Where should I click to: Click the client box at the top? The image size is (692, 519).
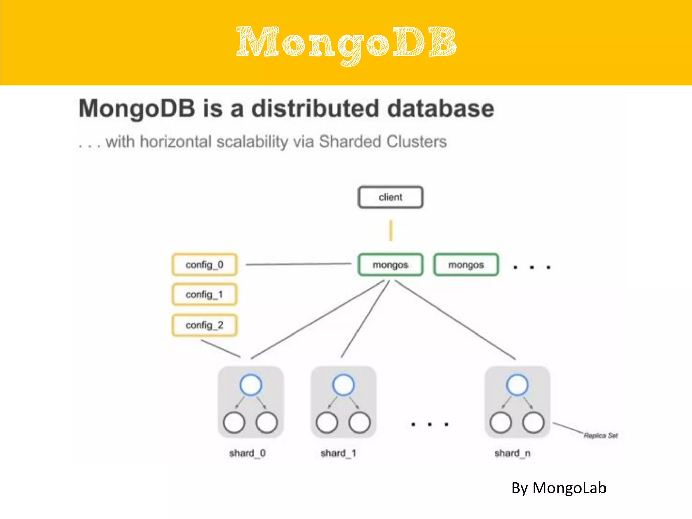pyautogui.click(x=390, y=197)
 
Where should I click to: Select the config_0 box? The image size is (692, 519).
pyautogui.click(x=204, y=265)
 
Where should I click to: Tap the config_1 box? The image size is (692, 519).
pyautogui.click(x=204, y=295)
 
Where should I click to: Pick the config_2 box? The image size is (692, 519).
pyautogui.click(x=204, y=325)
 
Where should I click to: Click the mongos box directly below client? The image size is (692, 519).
pyautogui.click(x=390, y=265)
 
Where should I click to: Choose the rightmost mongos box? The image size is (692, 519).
pyautogui.click(x=466, y=265)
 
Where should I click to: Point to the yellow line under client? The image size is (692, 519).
pyautogui.click(x=391, y=230)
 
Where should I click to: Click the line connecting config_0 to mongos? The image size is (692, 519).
pyautogui.click(x=298, y=264)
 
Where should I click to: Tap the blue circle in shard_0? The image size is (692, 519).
pyautogui.click(x=250, y=385)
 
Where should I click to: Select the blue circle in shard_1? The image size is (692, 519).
pyautogui.click(x=343, y=385)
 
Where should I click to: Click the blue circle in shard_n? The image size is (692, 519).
pyautogui.click(x=517, y=385)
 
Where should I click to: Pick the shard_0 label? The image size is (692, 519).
pyautogui.click(x=247, y=453)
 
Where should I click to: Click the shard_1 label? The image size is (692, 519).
pyautogui.click(x=339, y=453)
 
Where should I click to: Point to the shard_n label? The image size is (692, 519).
pyautogui.click(x=513, y=453)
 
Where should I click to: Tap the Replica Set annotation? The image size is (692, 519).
pyautogui.click(x=601, y=436)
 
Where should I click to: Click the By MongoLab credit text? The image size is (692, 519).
pyautogui.click(x=559, y=488)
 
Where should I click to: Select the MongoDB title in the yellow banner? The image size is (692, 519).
pyautogui.click(x=346, y=43)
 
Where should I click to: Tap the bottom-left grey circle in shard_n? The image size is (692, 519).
pyautogui.click(x=501, y=422)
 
